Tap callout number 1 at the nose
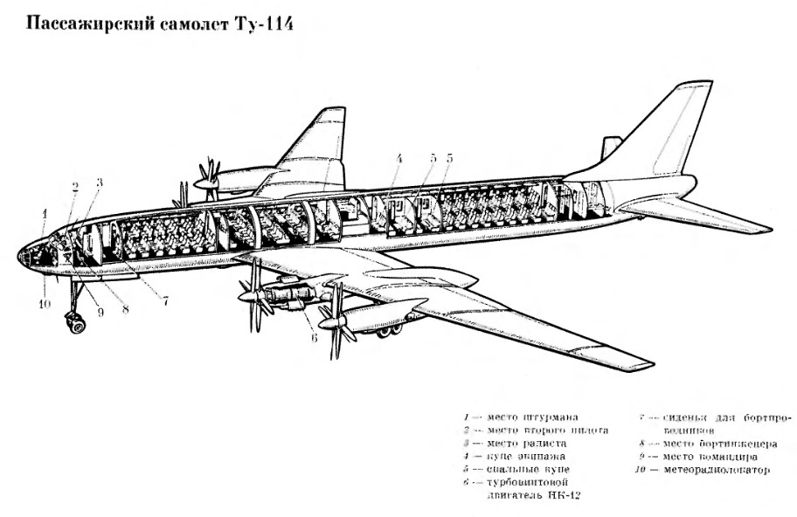pos(44,212)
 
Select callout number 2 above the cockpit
pos(75,186)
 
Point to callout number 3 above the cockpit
pos(99,182)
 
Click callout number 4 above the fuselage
pos(398,159)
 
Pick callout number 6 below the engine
pos(314,338)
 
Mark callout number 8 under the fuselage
pos(125,307)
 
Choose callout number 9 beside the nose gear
pos(100,313)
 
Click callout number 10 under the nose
pos(45,304)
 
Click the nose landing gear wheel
pos(76,325)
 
